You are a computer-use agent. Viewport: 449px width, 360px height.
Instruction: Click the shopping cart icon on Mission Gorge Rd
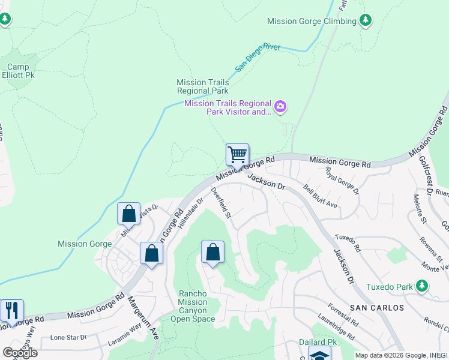[x=237, y=154]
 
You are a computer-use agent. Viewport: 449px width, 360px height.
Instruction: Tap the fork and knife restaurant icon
[x=11, y=310]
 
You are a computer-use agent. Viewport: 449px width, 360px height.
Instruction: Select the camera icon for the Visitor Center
[x=280, y=107]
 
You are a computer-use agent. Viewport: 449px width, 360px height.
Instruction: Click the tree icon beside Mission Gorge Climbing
[x=365, y=21]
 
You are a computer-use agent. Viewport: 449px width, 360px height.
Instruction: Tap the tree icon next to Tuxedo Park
[x=423, y=286]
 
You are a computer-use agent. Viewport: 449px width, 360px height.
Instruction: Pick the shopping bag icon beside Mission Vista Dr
[x=128, y=213]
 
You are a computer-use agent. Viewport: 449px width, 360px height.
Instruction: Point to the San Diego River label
[x=258, y=58]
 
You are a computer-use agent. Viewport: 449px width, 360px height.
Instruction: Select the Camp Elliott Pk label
[x=22, y=71]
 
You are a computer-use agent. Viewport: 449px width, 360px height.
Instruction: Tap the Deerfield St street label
[x=221, y=203]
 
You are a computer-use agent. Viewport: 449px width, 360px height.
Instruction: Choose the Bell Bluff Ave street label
[x=320, y=197]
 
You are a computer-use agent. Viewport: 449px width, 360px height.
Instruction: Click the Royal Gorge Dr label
[x=342, y=181]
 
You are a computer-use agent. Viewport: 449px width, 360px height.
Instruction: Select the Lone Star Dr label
[x=69, y=337]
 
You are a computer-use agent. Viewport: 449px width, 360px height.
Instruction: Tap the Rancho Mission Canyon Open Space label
[x=196, y=306]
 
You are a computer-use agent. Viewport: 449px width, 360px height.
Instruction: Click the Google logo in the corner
[x=20, y=353]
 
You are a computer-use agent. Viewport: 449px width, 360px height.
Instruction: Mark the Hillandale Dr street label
[x=190, y=211]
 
